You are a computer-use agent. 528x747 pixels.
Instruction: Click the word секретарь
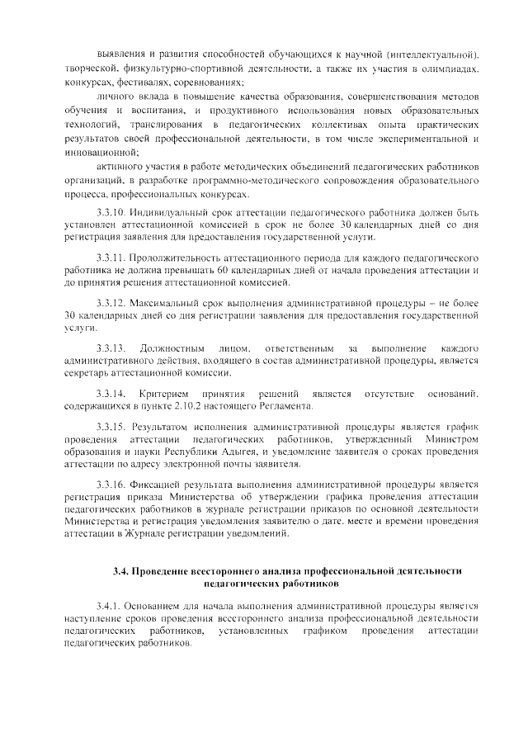coord(86,372)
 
